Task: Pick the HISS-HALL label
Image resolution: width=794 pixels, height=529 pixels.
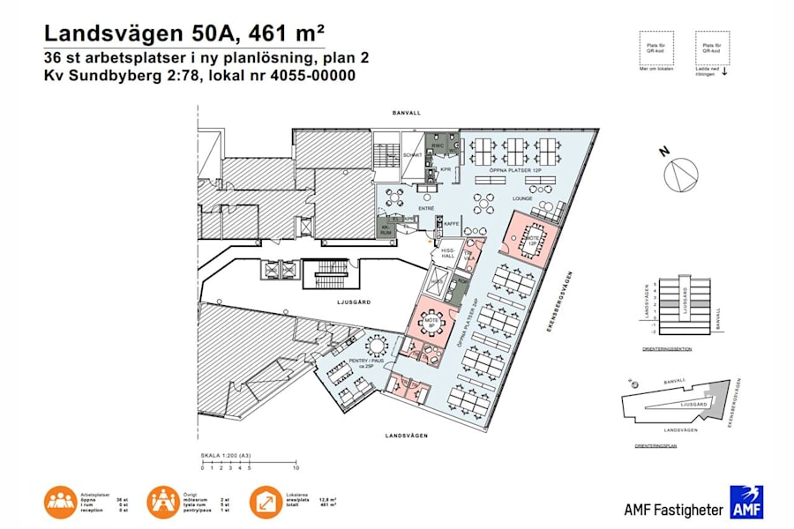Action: click(x=447, y=253)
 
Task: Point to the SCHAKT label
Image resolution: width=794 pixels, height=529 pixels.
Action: click(x=413, y=155)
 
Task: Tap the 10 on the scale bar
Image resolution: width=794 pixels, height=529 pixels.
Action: click(x=296, y=467)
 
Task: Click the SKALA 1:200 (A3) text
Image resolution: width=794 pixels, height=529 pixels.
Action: click(x=223, y=455)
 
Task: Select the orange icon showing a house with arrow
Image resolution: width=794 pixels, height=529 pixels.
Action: click(x=267, y=502)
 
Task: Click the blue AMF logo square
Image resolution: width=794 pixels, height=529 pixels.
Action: click(x=745, y=502)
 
